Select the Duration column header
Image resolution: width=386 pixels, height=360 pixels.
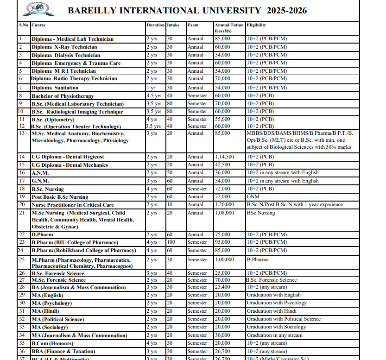pos(155,25)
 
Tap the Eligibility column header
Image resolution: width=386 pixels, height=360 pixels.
pos(256,25)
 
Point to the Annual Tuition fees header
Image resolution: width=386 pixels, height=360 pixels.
pos(229,28)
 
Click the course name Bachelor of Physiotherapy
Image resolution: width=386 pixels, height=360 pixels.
pos(63,96)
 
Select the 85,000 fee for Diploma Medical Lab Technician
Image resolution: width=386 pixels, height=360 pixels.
pos(223,39)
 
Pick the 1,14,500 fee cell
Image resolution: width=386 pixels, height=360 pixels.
pos(224,157)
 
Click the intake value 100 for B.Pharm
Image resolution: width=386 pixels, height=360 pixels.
pos(171,242)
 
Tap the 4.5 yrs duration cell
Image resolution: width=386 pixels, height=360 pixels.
pos(154,96)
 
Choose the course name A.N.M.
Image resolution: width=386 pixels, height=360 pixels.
pos(40,173)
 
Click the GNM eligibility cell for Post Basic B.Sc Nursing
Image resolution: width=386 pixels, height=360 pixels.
pos(253,197)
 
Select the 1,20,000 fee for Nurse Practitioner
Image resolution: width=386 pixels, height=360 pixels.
pos(224,205)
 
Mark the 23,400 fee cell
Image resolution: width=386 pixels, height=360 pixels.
pos(223,287)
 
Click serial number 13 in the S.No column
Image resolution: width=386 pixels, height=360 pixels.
pos(22,133)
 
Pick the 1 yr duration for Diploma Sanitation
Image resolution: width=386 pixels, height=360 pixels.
pos(151,88)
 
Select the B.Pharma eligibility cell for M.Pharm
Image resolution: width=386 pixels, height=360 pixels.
pos(258,260)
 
